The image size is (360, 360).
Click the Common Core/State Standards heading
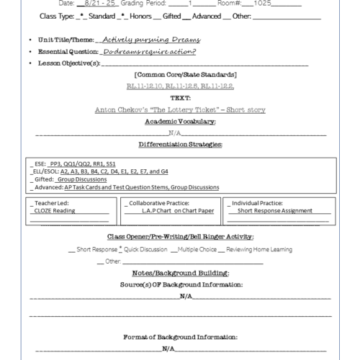[x=181, y=75]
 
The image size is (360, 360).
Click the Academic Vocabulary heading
[x=180, y=122]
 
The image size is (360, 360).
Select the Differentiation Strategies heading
[x=180, y=145]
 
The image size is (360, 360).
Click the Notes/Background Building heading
[x=180, y=274]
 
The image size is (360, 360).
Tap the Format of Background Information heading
[x=180, y=337]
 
